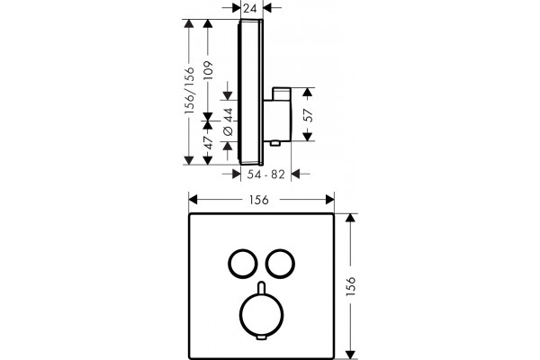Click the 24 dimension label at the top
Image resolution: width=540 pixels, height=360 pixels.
250,8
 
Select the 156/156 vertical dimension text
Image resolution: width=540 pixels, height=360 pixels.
189,91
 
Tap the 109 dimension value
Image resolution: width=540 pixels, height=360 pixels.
208,70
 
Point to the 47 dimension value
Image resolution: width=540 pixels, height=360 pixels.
208,142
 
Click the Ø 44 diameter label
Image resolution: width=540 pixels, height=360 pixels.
229,122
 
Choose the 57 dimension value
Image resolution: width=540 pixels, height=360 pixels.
308,114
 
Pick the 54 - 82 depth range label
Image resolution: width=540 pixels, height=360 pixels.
265,175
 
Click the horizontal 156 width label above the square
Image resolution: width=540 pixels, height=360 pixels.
259,200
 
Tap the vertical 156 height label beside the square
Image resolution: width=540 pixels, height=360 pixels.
351,286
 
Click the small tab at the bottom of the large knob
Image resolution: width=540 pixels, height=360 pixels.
262,337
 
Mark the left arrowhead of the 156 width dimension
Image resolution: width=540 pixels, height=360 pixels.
193,200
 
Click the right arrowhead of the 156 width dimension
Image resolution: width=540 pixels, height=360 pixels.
330,200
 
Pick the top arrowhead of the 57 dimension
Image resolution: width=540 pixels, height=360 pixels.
308,92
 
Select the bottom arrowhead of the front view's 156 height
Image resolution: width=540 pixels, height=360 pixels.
350,355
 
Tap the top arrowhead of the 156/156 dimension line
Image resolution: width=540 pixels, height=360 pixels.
188,23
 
